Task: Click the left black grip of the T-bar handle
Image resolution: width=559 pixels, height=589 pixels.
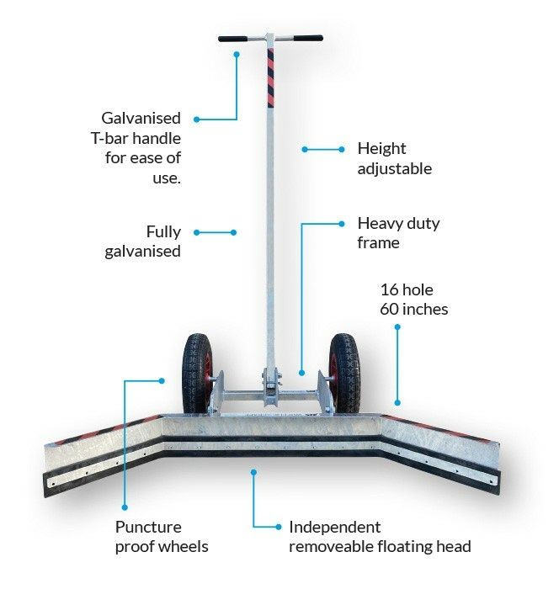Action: [232, 39]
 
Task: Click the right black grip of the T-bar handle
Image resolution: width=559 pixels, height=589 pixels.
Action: [308, 38]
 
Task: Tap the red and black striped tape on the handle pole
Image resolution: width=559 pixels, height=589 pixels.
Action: [270, 77]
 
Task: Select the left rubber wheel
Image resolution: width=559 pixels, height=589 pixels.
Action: [197, 374]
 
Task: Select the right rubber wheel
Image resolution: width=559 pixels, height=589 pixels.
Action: [344, 374]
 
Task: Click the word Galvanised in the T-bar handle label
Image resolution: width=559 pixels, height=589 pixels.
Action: [141, 119]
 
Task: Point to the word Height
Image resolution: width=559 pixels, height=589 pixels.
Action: [381, 149]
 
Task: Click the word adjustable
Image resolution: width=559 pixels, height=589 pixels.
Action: [394, 168]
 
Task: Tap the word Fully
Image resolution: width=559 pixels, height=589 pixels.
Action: [163, 232]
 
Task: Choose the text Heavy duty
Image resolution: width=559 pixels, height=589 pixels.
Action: [398, 224]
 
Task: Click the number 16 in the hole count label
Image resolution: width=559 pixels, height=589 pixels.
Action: [389, 290]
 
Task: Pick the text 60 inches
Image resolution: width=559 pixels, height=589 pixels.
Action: [414, 310]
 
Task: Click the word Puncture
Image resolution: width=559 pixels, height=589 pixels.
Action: [148, 528]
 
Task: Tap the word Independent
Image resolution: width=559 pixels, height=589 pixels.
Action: [334, 528]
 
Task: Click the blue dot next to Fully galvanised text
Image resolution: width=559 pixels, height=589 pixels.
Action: [197, 232]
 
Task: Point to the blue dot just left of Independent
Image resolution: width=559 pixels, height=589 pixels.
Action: [278, 527]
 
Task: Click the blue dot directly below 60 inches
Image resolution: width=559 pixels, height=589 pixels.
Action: [397, 327]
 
